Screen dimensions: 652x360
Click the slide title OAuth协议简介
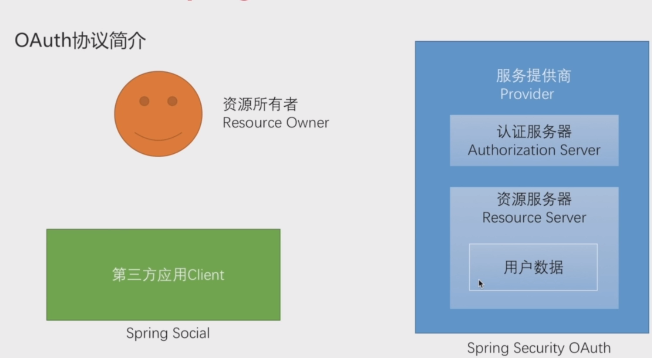pos(80,42)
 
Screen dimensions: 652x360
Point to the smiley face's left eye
pos(144,101)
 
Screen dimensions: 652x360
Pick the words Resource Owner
pos(276,122)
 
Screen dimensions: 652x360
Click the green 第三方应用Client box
pos(163,274)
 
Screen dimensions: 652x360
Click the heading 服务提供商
pos(534,76)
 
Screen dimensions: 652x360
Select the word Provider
pos(527,94)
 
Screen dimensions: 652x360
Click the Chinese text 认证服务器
pos(534,132)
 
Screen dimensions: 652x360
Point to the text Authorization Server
pos(534,150)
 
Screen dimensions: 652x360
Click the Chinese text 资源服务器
pos(534,199)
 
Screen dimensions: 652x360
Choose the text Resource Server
pos(534,217)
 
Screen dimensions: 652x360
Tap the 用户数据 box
pos(534,267)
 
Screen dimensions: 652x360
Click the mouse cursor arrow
pos(480,284)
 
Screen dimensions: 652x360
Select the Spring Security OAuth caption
pos(538,348)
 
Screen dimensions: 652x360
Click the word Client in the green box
pos(219,274)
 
